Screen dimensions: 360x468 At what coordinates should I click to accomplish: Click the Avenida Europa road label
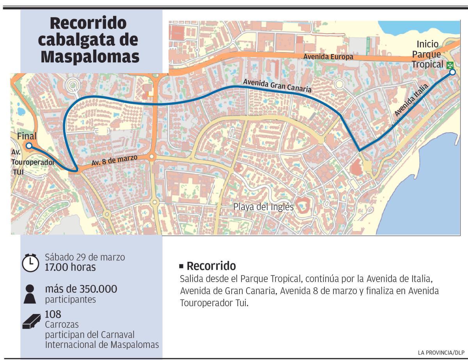click(328, 57)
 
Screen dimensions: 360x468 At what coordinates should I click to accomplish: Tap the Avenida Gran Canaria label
click(277, 86)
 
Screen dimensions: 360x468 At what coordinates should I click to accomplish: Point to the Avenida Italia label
click(411, 99)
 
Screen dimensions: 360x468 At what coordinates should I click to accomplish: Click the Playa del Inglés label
click(263, 207)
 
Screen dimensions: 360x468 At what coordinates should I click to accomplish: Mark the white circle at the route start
click(452, 72)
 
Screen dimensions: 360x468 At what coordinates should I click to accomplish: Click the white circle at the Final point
click(28, 146)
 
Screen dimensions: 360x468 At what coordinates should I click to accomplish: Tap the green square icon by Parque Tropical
click(450, 65)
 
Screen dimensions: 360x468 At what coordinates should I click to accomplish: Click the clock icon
click(30, 263)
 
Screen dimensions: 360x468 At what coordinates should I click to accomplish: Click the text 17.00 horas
click(70, 268)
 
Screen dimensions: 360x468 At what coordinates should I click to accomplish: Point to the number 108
click(53, 314)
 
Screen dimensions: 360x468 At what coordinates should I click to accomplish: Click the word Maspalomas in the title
click(90, 56)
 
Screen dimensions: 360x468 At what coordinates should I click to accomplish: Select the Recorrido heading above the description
click(211, 266)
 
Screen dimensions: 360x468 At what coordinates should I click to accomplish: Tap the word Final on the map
click(27, 136)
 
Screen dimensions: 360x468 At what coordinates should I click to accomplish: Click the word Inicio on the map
click(427, 44)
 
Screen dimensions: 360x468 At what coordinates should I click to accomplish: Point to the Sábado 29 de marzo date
click(85, 257)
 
